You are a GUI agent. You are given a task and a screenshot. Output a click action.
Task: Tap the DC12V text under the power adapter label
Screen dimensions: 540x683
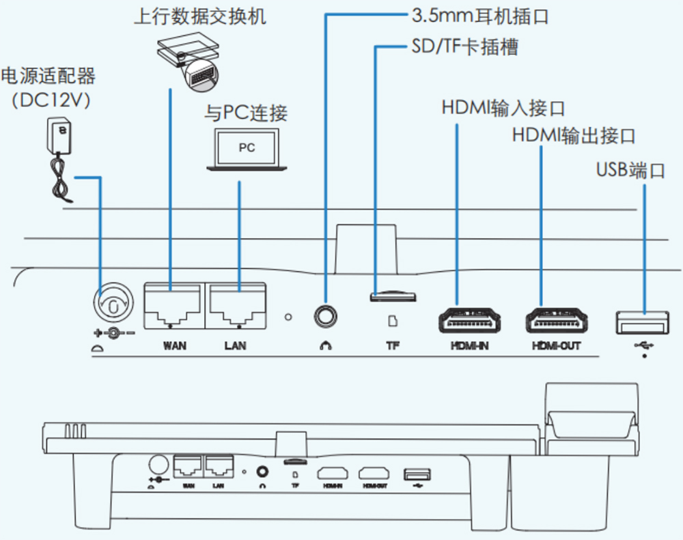[x=51, y=100]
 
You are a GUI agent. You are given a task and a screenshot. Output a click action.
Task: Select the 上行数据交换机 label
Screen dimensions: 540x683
[x=199, y=16]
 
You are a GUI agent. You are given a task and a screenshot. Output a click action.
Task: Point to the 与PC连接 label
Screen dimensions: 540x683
[x=246, y=113]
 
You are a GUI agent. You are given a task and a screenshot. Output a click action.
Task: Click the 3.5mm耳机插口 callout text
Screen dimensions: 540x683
[x=480, y=16]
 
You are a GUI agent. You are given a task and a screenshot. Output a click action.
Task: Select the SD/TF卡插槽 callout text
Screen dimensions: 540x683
[x=464, y=47]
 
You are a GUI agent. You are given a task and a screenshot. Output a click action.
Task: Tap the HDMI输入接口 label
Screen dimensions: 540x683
[x=503, y=108]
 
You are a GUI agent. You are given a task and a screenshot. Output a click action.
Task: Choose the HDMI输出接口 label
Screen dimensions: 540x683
[x=574, y=135]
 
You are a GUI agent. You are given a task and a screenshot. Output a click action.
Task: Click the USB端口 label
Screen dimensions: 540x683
[x=630, y=169]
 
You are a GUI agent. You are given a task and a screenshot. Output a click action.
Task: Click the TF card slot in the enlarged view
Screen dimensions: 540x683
[x=392, y=296]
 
